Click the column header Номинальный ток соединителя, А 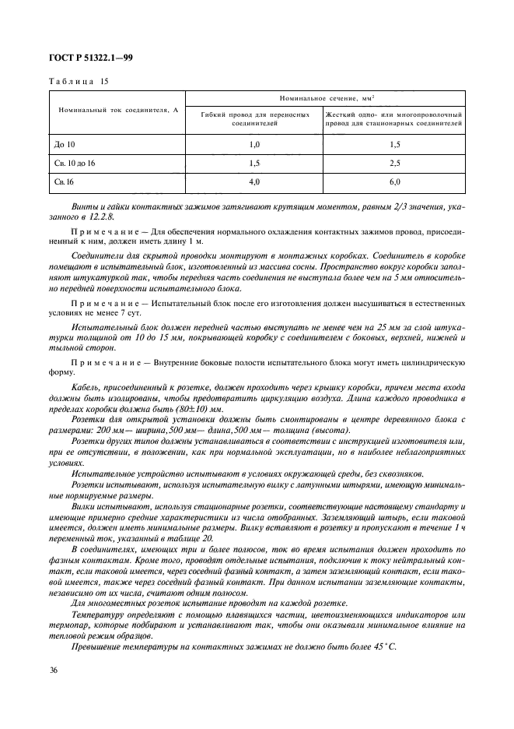118,110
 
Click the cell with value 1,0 254,145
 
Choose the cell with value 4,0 254,182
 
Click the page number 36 54,669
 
